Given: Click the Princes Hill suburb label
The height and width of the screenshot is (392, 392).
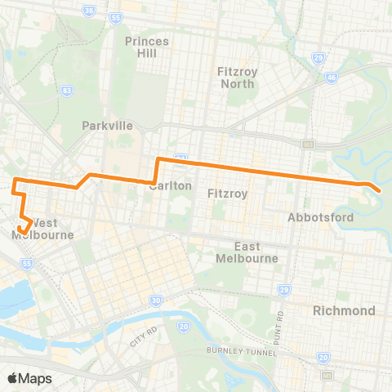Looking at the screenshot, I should [x=148, y=47].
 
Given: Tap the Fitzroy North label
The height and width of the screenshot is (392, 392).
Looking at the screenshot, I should [x=238, y=78].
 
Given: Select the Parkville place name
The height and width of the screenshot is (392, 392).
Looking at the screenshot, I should [x=107, y=126].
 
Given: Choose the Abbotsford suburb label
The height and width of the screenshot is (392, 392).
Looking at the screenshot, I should [x=321, y=217].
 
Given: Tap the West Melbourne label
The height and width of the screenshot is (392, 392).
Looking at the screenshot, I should [x=42, y=229].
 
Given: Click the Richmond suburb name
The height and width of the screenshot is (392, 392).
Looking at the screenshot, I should [x=345, y=310].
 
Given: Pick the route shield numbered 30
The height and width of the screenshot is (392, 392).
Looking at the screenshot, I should [x=155, y=301].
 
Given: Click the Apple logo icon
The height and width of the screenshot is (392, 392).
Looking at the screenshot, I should [x=12, y=378].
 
